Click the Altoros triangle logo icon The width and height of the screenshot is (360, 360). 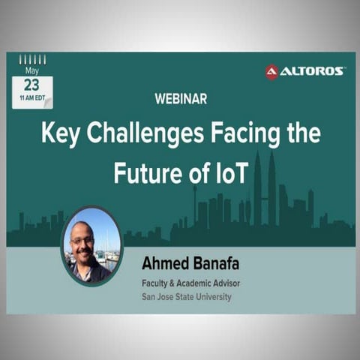271,71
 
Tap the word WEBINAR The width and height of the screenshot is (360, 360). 180,98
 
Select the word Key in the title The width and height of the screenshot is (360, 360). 60,134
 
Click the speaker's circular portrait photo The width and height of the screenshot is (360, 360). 91,245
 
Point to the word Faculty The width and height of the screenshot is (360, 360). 157,283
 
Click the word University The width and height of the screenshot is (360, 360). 208,296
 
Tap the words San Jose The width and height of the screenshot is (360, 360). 159,296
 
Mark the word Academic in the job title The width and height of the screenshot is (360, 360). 192,283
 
